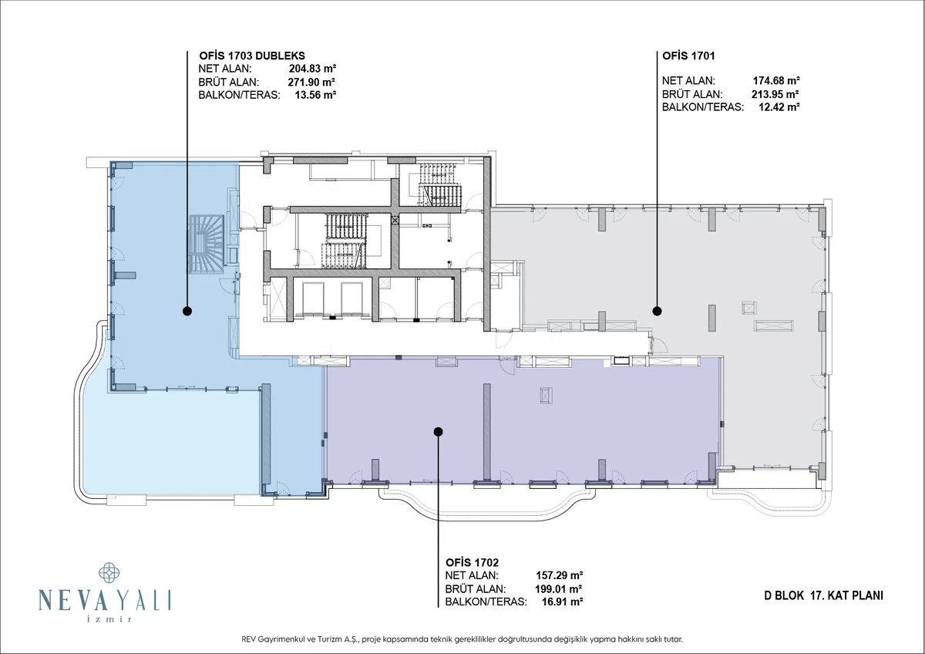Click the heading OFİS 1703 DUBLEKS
[x=252, y=56]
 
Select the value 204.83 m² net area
[x=312, y=69]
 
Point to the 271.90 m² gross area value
[x=311, y=82]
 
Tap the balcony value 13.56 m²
[x=315, y=95]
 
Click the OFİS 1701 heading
[x=688, y=56]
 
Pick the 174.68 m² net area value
[x=776, y=80]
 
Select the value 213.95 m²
[x=775, y=94]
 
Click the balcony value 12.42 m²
[x=779, y=107]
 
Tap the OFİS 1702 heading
[x=472, y=562]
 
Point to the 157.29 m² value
[x=559, y=575]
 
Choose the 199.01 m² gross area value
[x=558, y=588]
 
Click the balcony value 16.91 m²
[x=563, y=602]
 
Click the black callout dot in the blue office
[x=187, y=311]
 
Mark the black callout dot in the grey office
[x=657, y=311]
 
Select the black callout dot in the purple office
[x=438, y=432]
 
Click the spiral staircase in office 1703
[x=207, y=244]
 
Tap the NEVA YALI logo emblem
[x=109, y=572]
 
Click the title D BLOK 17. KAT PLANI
[x=823, y=595]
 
